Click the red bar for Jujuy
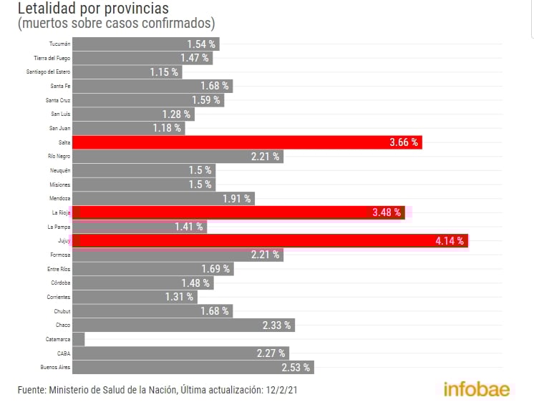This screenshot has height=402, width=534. (271, 241)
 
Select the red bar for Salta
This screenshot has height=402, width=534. (247, 142)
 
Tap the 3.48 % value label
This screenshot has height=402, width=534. (387, 212)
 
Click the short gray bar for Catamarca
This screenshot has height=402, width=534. (79, 339)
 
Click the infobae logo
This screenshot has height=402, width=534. (477, 390)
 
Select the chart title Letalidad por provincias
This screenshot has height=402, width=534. (93, 9)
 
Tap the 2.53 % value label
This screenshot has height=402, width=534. (296, 368)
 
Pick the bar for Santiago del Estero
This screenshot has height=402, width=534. (127, 72)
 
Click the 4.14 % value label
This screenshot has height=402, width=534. (450, 241)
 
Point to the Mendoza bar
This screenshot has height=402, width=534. (164, 199)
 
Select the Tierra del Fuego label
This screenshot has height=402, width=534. (52, 58)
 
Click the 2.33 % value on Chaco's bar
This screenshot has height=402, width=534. (276, 325)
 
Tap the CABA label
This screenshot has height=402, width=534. (64, 353)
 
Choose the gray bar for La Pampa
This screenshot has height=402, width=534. (139, 227)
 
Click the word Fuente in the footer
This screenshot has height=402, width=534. (31, 390)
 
